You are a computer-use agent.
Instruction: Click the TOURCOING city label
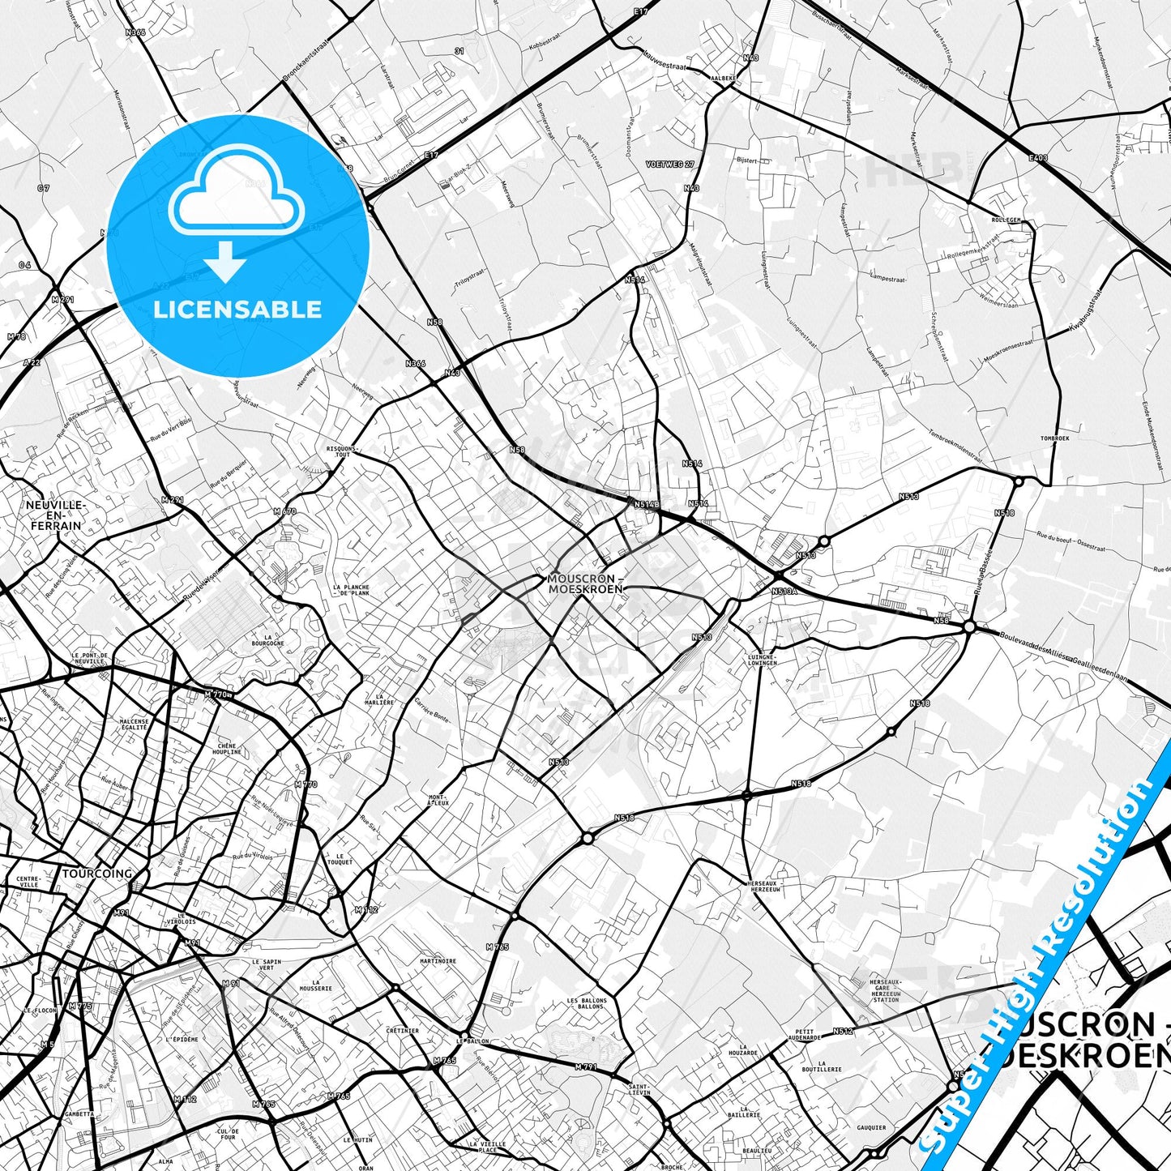[x=96, y=874]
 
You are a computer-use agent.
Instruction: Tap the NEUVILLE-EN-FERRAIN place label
[x=55, y=515]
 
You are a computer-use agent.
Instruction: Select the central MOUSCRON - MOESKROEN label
[x=585, y=583]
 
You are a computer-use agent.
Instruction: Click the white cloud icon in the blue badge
[x=236, y=193]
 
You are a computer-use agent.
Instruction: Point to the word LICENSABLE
[x=237, y=309]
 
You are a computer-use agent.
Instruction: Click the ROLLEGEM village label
[x=1006, y=220]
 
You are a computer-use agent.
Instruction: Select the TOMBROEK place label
[x=1054, y=438]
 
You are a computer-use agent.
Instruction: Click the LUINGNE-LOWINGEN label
[x=762, y=660]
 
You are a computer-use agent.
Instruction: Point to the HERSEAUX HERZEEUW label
[x=764, y=886]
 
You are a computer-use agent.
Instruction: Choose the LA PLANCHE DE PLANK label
[x=351, y=590]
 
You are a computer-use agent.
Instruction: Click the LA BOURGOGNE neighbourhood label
[x=267, y=639]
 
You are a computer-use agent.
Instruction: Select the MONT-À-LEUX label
[x=438, y=800]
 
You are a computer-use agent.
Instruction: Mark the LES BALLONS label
[x=586, y=1003]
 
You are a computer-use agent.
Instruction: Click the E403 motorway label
[x=1038, y=158]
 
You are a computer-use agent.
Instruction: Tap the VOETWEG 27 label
[x=670, y=164]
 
